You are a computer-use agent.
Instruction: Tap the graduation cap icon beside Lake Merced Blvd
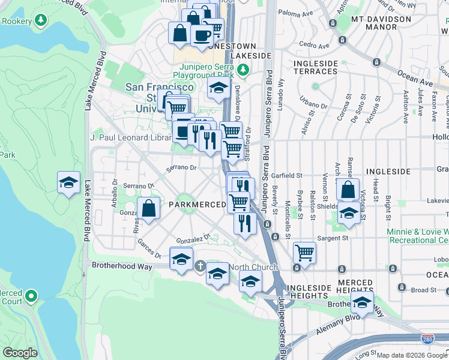69,183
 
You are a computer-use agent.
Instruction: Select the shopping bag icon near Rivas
149,209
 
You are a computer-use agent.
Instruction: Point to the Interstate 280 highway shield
427,339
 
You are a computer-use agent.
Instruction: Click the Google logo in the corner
20,352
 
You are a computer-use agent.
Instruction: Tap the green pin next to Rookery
41,20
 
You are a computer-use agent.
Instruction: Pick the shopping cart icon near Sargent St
304,252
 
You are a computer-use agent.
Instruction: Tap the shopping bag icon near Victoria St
348,190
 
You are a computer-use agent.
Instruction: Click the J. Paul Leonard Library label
131,137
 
